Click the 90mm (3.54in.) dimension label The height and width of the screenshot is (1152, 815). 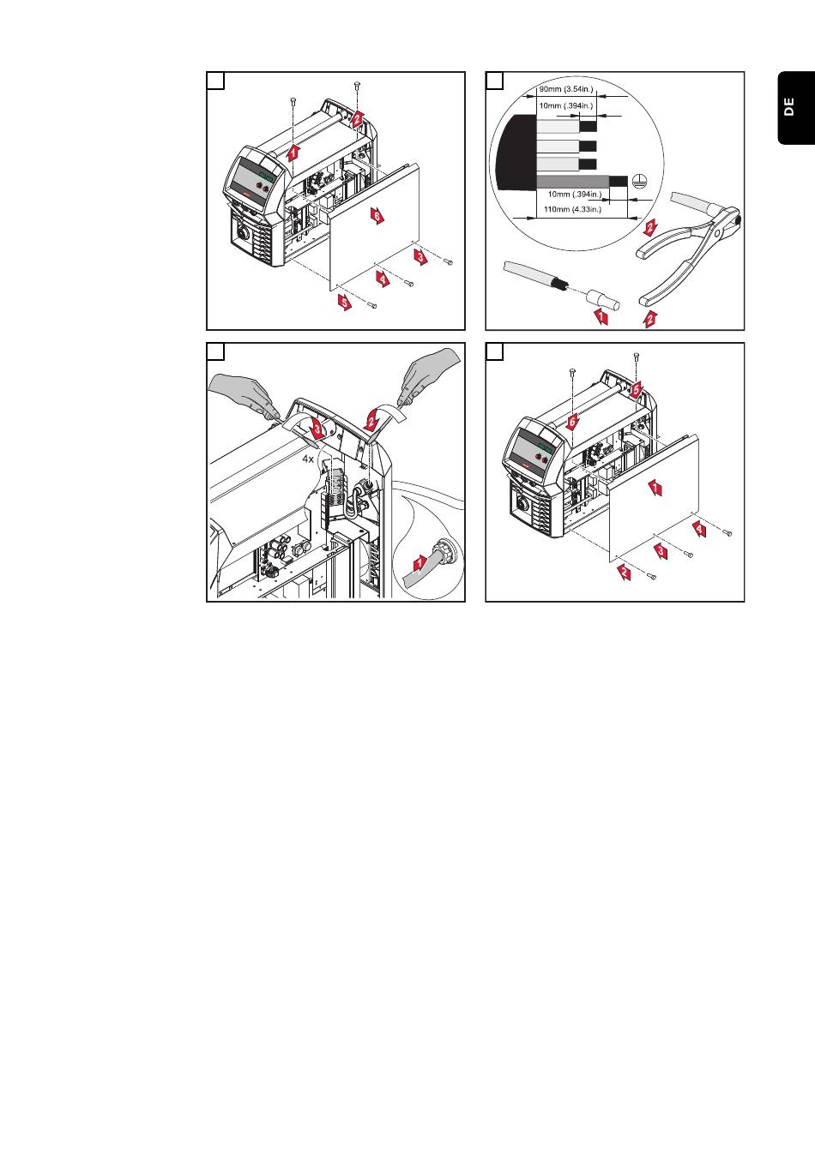pyautogui.click(x=565, y=88)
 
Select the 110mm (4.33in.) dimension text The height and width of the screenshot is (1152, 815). pyautogui.click(x=572, y=208)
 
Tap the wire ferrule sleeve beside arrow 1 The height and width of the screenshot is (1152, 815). pyautogui.click(x=597, y=301)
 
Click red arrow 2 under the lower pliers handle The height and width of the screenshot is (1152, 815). pyautogui.click(x=649, y=320)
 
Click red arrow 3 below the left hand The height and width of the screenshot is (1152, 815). pyautogui.click(x=317, y=426)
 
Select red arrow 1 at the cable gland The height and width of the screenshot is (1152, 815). pyautogui.click(x=420, y=563)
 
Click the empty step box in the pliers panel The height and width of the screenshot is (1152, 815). pyautogui.click(x=494, y=81)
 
